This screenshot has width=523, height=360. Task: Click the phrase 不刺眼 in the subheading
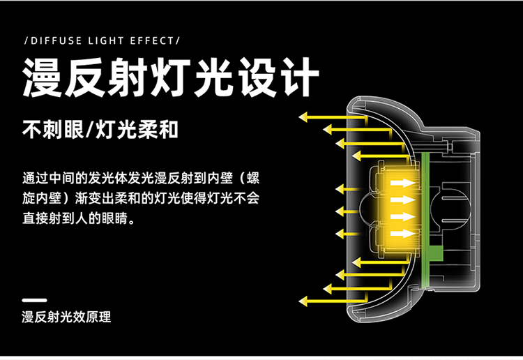click(50, 130)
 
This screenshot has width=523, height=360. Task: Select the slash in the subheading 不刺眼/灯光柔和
click(86, 130)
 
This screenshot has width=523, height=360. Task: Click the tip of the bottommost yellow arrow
click(301, 301)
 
